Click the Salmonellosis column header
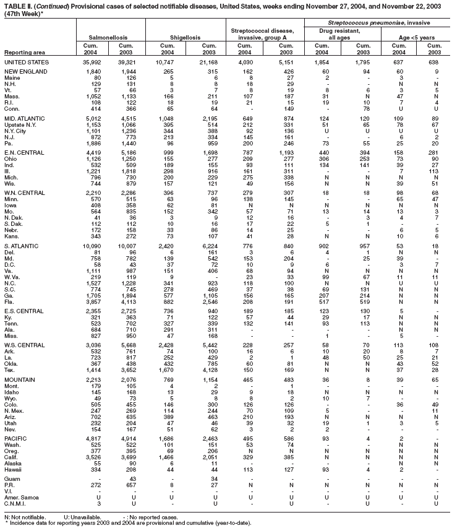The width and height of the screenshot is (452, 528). [110, 38]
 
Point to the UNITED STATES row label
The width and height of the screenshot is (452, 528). [28, 63]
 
